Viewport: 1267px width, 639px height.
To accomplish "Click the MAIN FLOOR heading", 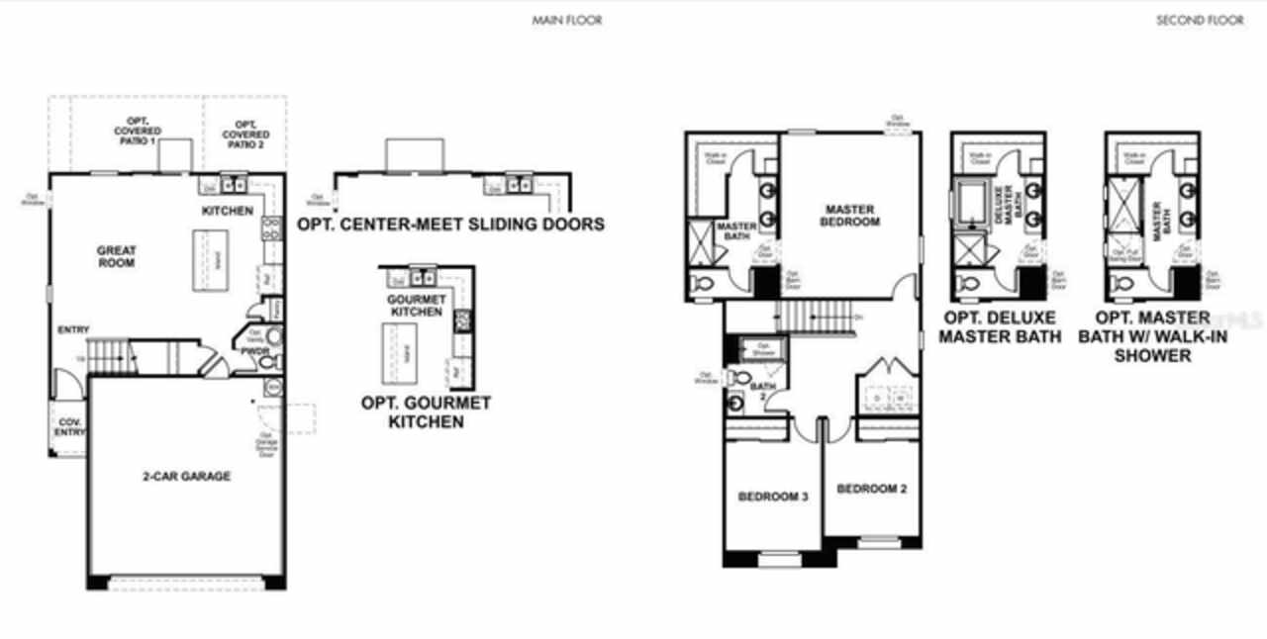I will point(566,20).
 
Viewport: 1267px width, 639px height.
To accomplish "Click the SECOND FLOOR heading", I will point(1200,20).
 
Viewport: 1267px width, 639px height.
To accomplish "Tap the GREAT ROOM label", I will point(117,256).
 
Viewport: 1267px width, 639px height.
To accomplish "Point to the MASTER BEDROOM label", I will point(850,215).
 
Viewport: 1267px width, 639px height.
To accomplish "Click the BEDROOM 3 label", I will point(773,496).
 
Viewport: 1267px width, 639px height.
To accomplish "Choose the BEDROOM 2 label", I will point(871,489).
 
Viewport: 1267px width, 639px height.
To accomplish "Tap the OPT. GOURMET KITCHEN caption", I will point(426,412).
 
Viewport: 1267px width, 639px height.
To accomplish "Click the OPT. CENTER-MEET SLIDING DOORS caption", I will point(450,224).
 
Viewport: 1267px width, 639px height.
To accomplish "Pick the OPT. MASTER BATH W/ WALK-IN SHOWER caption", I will point(1152,335).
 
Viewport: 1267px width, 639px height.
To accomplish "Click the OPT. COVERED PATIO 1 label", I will point(138,131).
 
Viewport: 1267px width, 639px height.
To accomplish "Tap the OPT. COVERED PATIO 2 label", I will point(245,131).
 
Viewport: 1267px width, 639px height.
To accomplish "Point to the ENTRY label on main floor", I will point(73,329).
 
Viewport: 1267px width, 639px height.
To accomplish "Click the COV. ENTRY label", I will point(70,426).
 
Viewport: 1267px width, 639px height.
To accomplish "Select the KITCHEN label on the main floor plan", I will point(227,211).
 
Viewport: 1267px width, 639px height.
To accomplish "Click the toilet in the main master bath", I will point(702,284).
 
